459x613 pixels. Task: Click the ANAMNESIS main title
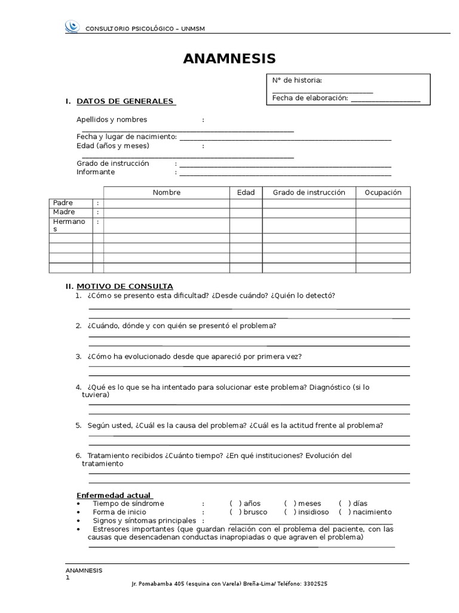[x=229, y=58]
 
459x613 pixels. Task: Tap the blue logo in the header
[x=71, y=26]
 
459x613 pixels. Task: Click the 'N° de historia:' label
[x=297, y=81]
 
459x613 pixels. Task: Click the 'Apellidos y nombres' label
[x=112, y=119]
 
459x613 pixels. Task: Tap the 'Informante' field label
[x=96, y=172]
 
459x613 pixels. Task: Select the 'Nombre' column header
[x=166, y=192]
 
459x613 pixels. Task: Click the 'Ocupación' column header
[x=383, y=192]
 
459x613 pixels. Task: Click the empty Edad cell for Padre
[x=246, y=203]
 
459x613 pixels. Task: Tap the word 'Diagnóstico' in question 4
[x=330, y=387]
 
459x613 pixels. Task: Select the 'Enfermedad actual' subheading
[x=114, y=495]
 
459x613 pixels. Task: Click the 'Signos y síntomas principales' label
[x=144, y=521]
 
